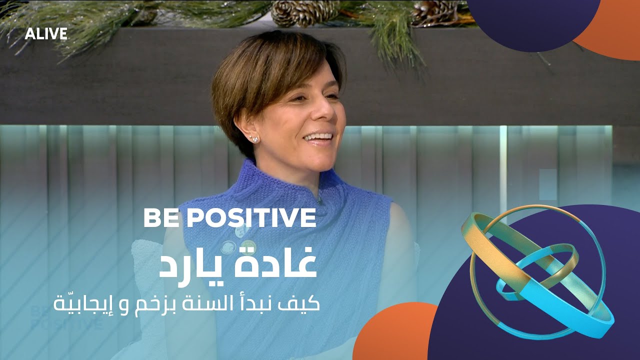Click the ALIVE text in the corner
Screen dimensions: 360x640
46,33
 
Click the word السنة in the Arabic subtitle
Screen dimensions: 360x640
223,302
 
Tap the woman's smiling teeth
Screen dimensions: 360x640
318,136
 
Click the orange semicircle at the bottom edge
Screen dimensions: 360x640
395,335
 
